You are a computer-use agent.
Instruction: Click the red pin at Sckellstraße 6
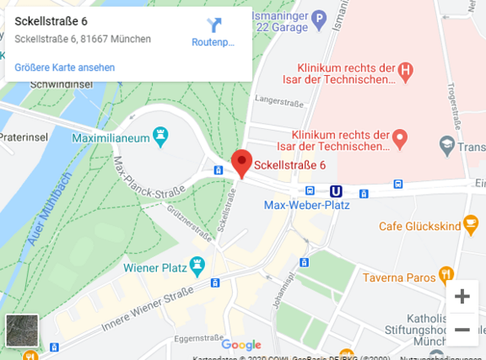(x=242, y=161)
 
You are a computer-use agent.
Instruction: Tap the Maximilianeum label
(x=110, y=136)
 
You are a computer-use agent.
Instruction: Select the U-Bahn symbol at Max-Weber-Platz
(x=335, y=192)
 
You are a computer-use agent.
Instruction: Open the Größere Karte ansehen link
(x=65, y=67)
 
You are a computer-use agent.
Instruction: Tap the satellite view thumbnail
(x=22, y=330)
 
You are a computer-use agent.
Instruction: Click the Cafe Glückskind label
(x=418, y=225)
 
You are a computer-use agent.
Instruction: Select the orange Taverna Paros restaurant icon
(x=446, y=275)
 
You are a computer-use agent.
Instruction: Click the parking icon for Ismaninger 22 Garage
(x=319, y=16)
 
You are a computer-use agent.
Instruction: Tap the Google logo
(x=241, y=344)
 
